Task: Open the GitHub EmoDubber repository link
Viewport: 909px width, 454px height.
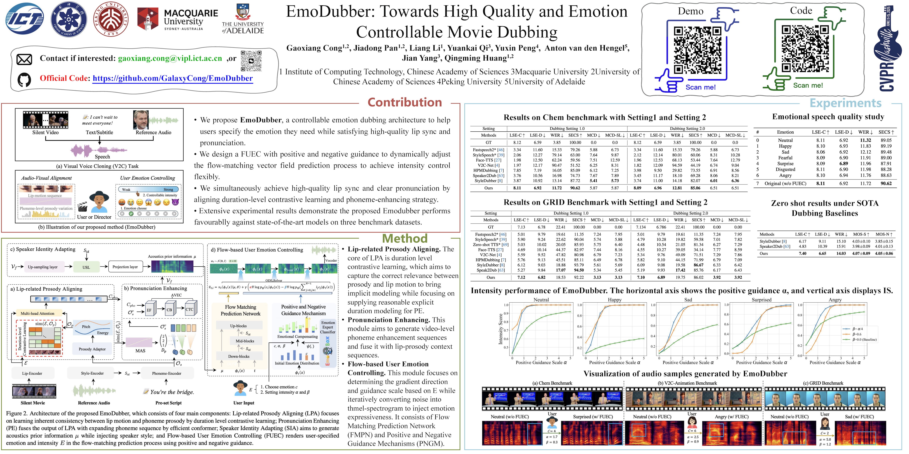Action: point(173,78)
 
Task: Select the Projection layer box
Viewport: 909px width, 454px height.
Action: point(125,267)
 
